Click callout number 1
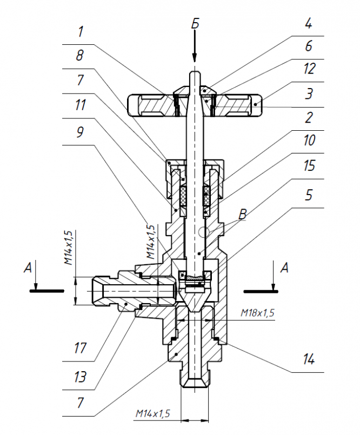coord(80,32)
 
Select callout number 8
coord(79,56)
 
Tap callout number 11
coord(80,105)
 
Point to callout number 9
coord(80,132)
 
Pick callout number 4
coord(309,24)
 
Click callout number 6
coord(309,46)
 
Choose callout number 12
coord(309,69)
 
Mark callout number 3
coord(309,93)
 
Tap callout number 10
coord(309,140)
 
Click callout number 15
coord(309,166)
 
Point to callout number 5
coord(309,195)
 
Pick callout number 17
coord(80,348)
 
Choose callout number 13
coord(80,377)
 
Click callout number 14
coord(309,359)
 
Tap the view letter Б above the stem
coord(195,24)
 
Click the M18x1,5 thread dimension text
coord(257,313)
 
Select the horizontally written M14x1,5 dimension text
coord(152,413)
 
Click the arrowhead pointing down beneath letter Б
coord(195,57)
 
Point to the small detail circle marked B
coord(204,232)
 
